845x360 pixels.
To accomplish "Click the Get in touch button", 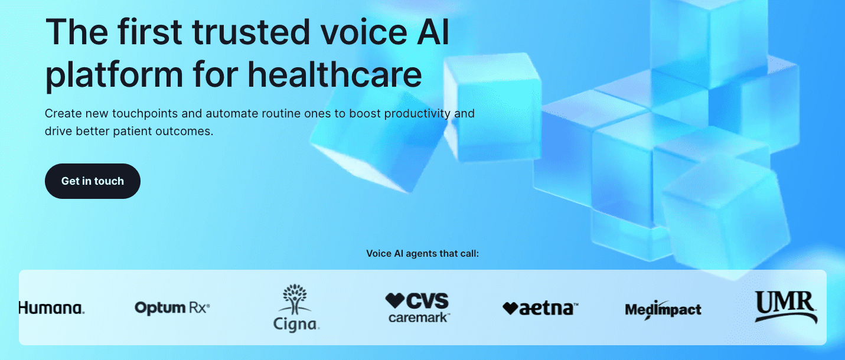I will (x=93, y=181).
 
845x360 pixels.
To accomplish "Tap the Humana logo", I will (x=52, y=307).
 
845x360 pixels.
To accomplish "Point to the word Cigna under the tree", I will (x=296, y=324).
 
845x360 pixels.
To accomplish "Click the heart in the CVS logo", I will (x=394, y=300).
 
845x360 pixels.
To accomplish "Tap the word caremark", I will (x=419, y=318).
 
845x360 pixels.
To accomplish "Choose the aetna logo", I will (x=540, y=308).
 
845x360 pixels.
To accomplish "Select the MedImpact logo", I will (x=663, y=309).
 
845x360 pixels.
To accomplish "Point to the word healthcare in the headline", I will (x=335, y=75).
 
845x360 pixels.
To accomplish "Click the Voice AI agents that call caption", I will (x=422, y=254).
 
